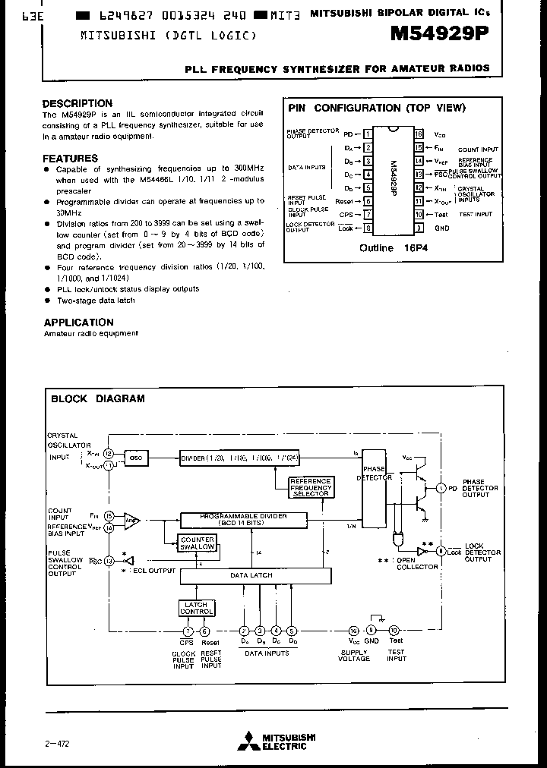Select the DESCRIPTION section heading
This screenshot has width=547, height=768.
click(77, 103)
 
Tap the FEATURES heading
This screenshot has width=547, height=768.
click(70, 158)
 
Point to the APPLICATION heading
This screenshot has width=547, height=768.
click(78, 323)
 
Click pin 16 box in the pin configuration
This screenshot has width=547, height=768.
click(419, 134)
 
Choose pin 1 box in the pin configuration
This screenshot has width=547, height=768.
click(368, 134)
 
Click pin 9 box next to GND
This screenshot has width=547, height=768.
click(419, 228)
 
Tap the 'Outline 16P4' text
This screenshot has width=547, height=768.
click(393, 247)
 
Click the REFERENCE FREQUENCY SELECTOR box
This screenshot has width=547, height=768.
click(310, 487)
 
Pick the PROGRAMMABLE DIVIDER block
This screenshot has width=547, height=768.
click(244, 519)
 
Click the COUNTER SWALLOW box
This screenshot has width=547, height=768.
click(197, 543)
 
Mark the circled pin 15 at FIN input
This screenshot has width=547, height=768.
click(109, 515)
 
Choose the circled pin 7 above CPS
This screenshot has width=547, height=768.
click(188, 631)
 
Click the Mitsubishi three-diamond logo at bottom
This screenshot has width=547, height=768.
click(248, 741)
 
